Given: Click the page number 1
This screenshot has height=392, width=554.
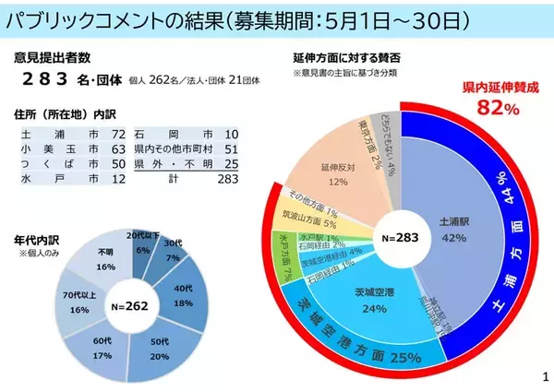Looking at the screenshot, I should [545, 376].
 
